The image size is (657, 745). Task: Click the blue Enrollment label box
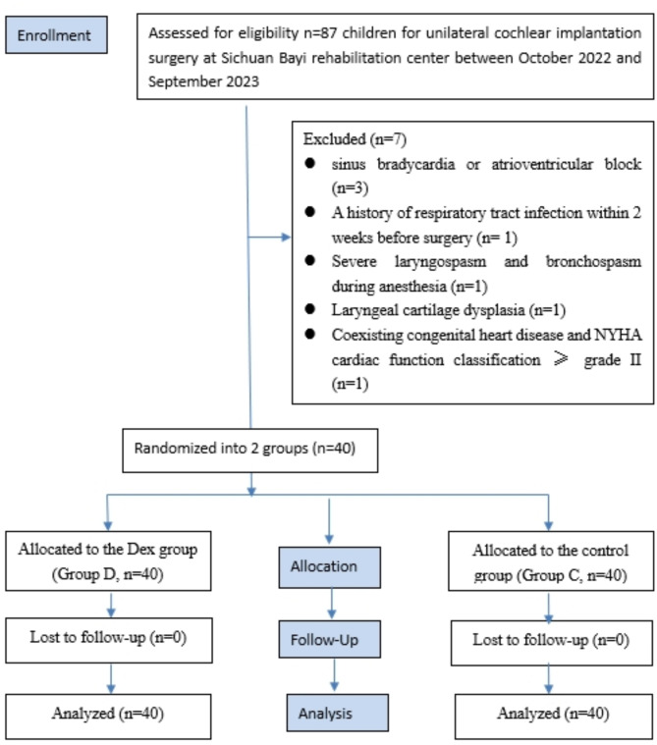point(56,34)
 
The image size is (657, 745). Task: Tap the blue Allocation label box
point(329,567)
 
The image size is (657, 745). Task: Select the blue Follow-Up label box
point(329,639)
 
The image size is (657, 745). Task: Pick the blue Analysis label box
point(338,713)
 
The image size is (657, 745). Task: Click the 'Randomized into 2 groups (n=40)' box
point(250,451)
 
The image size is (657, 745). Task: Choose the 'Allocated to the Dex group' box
point(108,561)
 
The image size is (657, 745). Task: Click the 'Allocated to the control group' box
point(551,561)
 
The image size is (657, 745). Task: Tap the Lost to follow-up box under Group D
point(109,640)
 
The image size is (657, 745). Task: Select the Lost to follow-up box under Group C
point(552,642)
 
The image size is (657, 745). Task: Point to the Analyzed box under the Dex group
point(108,717)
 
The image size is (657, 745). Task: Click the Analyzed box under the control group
point(554,717)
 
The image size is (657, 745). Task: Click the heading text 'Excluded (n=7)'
point(356,139)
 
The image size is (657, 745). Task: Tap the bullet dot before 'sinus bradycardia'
point(310,163)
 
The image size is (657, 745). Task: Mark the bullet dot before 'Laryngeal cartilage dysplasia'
point(310,309)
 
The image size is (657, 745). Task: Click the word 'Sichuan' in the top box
point(246,58)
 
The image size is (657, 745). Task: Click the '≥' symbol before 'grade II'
point(561,358)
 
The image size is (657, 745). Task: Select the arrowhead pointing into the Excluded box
point(286,237)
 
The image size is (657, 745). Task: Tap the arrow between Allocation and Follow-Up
point(332,604)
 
